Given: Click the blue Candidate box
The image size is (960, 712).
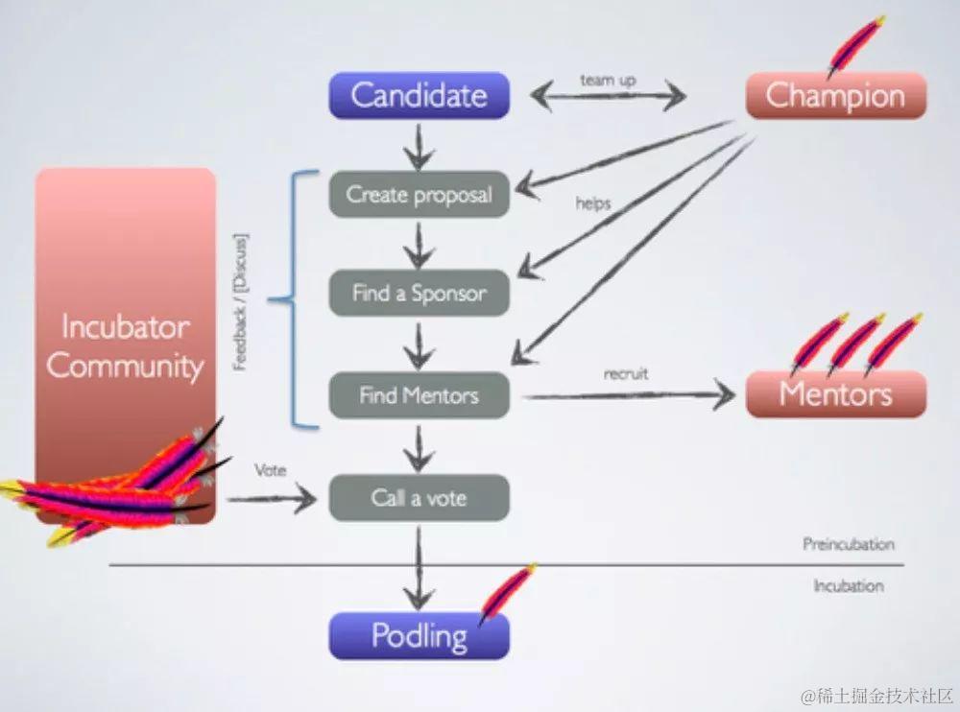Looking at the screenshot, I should (419, 96).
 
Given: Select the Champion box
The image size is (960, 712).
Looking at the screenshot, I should (835, 96).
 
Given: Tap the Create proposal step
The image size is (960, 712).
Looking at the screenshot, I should (419, 196).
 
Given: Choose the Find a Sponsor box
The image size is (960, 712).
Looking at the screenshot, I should (419, 294).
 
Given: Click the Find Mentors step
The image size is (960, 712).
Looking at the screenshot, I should (419, 395).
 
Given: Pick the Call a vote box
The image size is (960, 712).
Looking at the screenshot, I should (419, 498).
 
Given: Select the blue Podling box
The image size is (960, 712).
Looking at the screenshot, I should (419, 636).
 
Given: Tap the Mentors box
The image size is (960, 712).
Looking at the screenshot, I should (835, 394).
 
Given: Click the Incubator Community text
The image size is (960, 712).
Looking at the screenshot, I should (126, 346).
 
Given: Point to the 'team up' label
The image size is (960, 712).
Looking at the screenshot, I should (608, 81).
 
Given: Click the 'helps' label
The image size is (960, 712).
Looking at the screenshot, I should (593, 203).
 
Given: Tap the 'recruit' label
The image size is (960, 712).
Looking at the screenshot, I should (625, 374).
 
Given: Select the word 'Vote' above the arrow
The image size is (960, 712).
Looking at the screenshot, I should (271, 471).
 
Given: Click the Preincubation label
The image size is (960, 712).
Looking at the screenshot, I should (848, 545).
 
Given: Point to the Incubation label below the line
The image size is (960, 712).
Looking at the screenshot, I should (848, 585).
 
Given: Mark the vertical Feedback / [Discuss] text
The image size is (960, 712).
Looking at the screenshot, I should (242, 300).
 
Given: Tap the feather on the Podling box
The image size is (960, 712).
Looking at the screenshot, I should (506, 595).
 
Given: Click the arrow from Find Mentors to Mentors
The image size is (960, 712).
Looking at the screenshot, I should (629, 395).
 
